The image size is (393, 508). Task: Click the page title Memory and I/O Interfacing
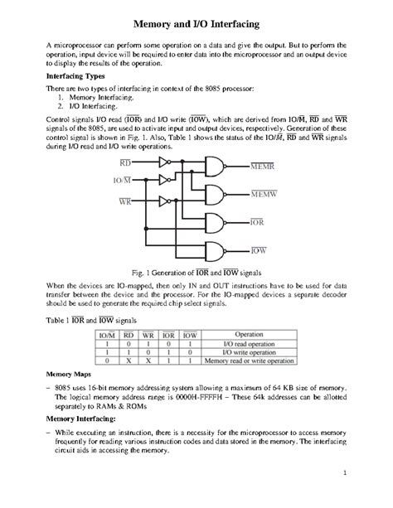tap(196, 18)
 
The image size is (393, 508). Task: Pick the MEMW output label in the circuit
tap(263, 194)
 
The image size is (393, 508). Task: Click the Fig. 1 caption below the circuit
tap(196, 270)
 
